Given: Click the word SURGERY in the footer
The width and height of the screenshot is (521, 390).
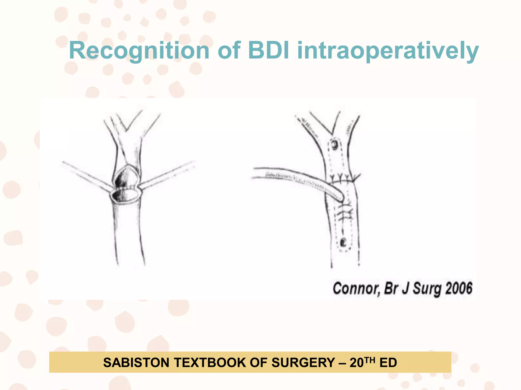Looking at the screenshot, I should [303, 362].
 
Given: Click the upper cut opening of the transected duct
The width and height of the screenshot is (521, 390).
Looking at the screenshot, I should [126, 178].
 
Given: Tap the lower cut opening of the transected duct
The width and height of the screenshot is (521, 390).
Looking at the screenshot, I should [125, 196].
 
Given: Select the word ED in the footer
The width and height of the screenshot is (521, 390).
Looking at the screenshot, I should [388, 362].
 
